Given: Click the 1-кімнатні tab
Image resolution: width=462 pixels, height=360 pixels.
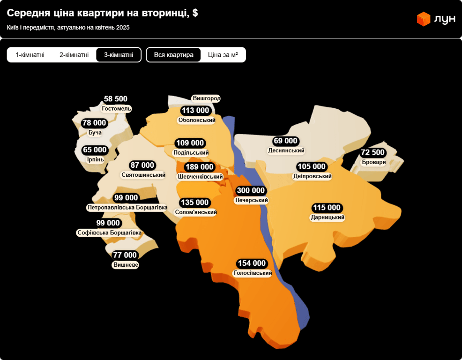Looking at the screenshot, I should [30, 55].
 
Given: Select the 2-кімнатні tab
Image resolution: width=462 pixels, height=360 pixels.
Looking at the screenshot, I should [74, 55].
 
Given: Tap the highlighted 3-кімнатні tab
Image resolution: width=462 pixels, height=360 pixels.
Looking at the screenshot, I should [119, 55].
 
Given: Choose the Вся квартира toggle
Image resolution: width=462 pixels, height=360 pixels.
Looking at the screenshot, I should [173, 55].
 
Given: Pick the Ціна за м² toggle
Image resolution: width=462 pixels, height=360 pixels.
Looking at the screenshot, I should [223, 55].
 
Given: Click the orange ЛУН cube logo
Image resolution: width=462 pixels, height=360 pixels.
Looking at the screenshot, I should [424, 19].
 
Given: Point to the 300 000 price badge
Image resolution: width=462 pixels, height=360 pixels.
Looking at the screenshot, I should [251, 190].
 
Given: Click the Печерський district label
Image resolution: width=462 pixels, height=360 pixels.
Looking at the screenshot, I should [251, 200].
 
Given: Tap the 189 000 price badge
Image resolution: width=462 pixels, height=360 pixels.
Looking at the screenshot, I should [199, 167].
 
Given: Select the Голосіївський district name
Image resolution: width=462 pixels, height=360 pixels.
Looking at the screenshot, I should [253, 273].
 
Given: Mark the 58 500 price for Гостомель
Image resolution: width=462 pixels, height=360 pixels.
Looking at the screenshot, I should [116, 99].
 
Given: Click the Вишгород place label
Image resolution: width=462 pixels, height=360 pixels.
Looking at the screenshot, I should [206, 98].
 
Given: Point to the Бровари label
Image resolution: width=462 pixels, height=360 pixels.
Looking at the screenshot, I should [374, 162].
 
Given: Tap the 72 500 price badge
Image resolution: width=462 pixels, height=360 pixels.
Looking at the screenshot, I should [373, 152].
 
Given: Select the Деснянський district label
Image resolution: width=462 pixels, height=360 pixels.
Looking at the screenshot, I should [286, 151].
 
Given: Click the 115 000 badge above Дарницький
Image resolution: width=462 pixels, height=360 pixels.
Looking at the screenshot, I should [327, 208].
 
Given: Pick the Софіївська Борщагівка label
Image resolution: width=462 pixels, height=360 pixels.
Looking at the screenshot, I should [109, 233].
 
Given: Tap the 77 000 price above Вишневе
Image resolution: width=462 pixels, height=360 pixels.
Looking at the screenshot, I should [125, 255].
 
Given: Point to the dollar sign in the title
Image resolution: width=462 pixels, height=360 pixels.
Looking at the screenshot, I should [195, 13].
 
